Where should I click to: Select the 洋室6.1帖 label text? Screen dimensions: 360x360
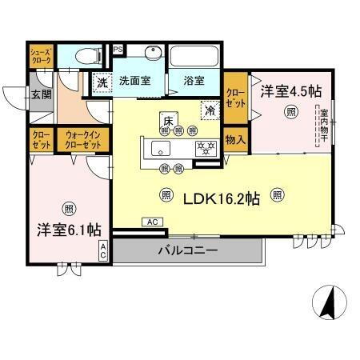coord(68,229)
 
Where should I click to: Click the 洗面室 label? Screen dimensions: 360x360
coord(134,81)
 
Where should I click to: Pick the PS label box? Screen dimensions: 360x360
coord(118,48)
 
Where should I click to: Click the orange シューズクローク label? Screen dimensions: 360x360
coord(42,56)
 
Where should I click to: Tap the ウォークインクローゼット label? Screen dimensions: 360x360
coord(83,141)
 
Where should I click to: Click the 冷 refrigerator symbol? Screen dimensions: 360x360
coord(210,110)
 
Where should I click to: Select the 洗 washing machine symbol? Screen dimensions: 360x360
coord(102,82)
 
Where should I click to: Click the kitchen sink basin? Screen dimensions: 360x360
coord(164,149)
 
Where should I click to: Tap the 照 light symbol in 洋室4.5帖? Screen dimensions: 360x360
coord(286,114)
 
